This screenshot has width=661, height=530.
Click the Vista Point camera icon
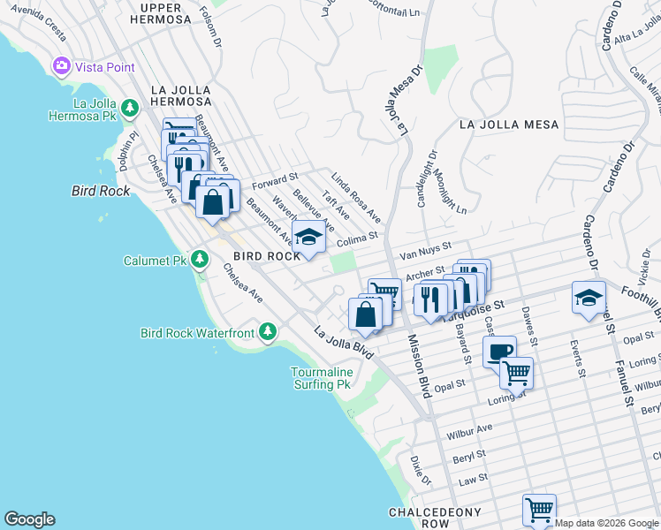62,66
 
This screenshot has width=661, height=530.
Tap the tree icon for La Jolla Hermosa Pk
131,109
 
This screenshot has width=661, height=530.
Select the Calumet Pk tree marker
201,260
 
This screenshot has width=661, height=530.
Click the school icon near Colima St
308,238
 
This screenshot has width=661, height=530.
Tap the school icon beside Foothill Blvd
589,299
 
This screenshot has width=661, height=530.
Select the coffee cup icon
499,351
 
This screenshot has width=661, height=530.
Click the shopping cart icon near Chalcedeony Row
538,510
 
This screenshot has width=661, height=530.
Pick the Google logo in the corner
29,519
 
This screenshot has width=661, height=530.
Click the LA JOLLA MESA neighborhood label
509,125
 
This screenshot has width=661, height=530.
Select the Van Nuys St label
425,250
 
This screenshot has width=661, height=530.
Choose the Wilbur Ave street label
468,430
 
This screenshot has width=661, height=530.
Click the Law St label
474,478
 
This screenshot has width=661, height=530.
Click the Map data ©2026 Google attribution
605,523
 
